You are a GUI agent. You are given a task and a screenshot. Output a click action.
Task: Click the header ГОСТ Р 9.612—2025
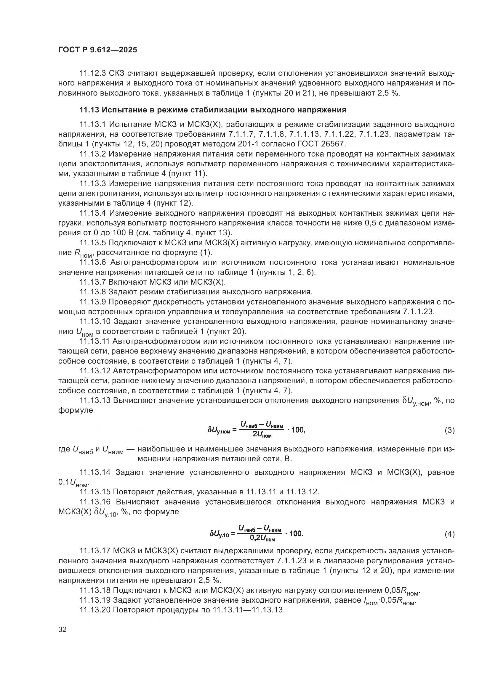[97, 50]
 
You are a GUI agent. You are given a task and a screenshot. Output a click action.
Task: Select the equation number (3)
[449, 430]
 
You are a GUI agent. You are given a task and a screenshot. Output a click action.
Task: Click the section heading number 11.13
[89, 110]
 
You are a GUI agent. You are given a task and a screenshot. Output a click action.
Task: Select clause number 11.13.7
[93, 282]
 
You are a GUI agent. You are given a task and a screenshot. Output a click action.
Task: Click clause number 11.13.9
[93, 302]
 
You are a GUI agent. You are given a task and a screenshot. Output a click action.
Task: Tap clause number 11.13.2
[93, 154]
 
